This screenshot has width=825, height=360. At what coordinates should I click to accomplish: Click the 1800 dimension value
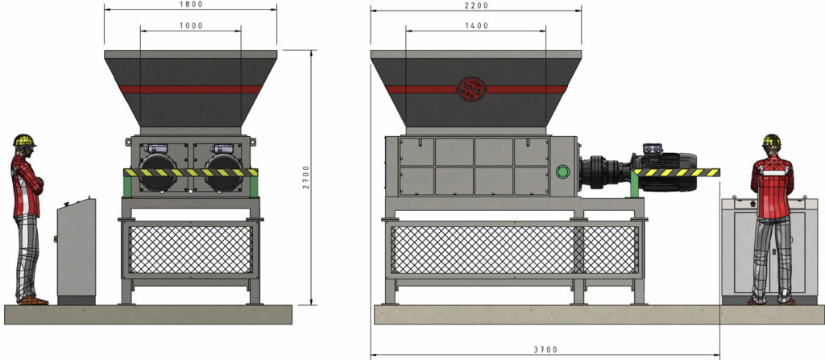(190, 4)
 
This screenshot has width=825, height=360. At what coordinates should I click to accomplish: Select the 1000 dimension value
(190, 26)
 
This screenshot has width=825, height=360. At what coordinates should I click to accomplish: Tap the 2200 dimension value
(477, 6)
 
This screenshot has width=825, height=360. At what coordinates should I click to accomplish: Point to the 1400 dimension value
(477, 26)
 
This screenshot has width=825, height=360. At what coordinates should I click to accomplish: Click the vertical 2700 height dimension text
(307, 177)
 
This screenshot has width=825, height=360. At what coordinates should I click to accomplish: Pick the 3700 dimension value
(545, 350)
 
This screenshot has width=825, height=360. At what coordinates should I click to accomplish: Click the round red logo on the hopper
(471, 89)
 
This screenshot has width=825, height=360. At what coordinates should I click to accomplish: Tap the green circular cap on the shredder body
(562, 172)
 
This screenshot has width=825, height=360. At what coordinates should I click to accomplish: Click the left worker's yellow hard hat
(25, 140)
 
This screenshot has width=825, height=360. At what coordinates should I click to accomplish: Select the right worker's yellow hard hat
(771, 140)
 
